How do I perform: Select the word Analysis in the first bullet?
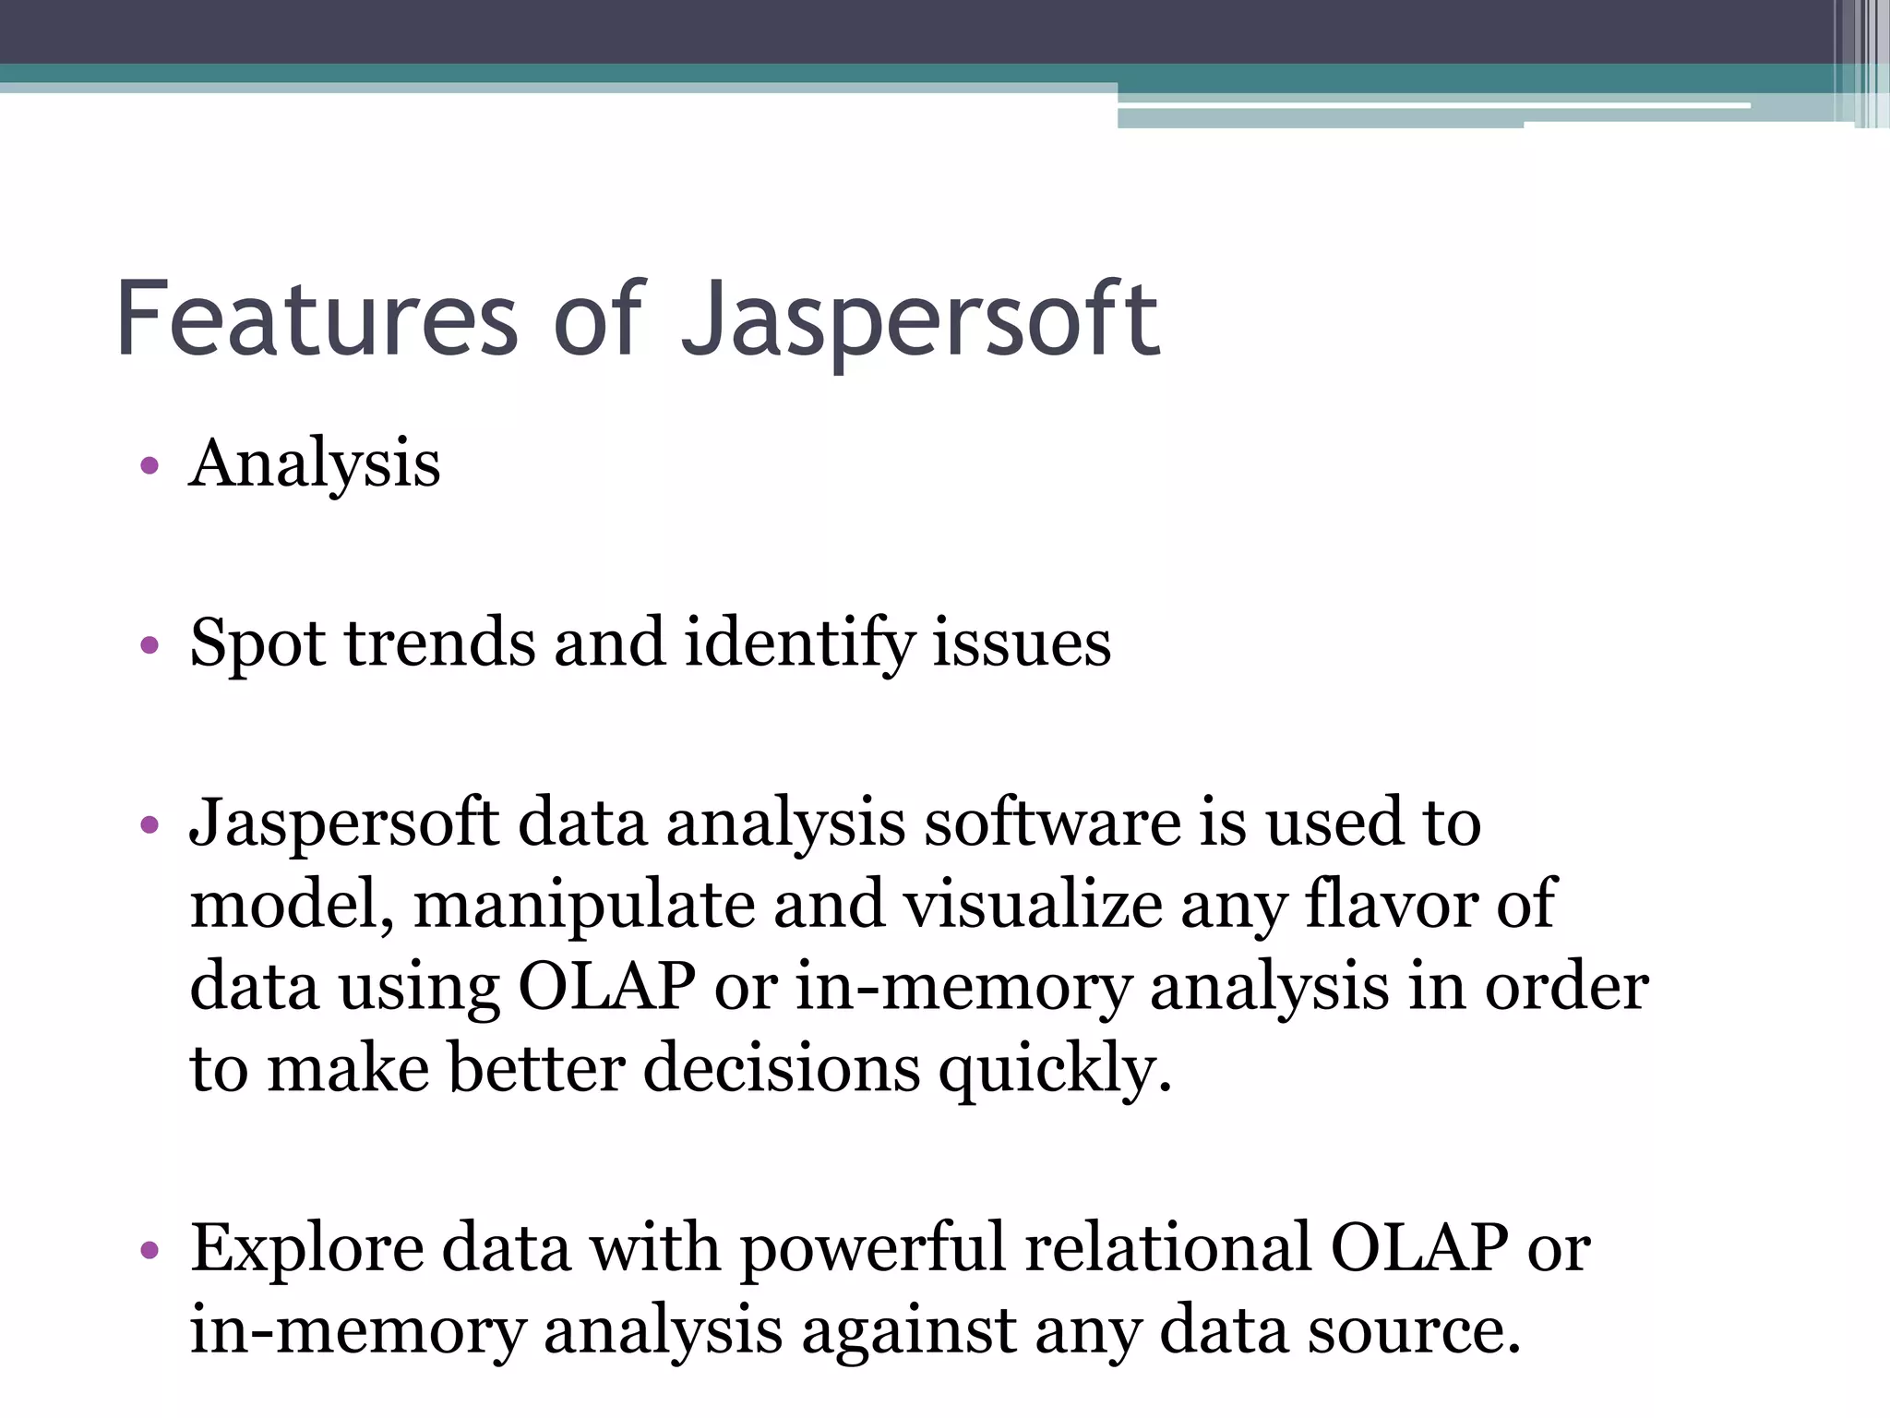pyautogui.click(x=315, y=464)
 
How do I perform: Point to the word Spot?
pyautogui.click(x=257, y=644)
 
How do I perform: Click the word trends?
pyautogui.click(x=439, y=643)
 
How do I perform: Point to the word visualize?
pyautogui.click(x=1032, y=905)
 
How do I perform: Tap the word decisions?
pyautogui.click(x=782, y=1069)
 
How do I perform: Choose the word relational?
pyautogui.click(x=1167, y=1248)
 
